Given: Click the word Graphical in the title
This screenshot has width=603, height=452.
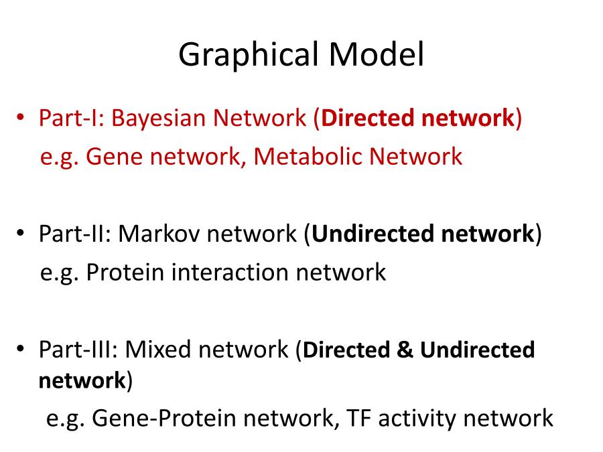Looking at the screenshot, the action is coord(249,56).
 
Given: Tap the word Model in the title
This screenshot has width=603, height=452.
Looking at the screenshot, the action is coord(376,54).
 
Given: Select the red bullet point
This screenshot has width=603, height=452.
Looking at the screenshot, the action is coord(20,117).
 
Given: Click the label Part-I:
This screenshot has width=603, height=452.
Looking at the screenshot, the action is coord(72,118).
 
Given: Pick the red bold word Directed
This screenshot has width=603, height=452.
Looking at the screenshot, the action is coord(368,118).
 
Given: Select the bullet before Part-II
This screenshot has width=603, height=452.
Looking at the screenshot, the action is coord(20,232).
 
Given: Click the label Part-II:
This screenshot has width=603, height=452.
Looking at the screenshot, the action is coord(75,234).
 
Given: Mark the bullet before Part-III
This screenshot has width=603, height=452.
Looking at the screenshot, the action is coord(20,349).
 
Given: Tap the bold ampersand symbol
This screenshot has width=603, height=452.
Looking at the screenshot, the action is coord(405,350).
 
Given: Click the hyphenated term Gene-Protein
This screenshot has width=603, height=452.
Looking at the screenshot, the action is coord(164,418).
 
